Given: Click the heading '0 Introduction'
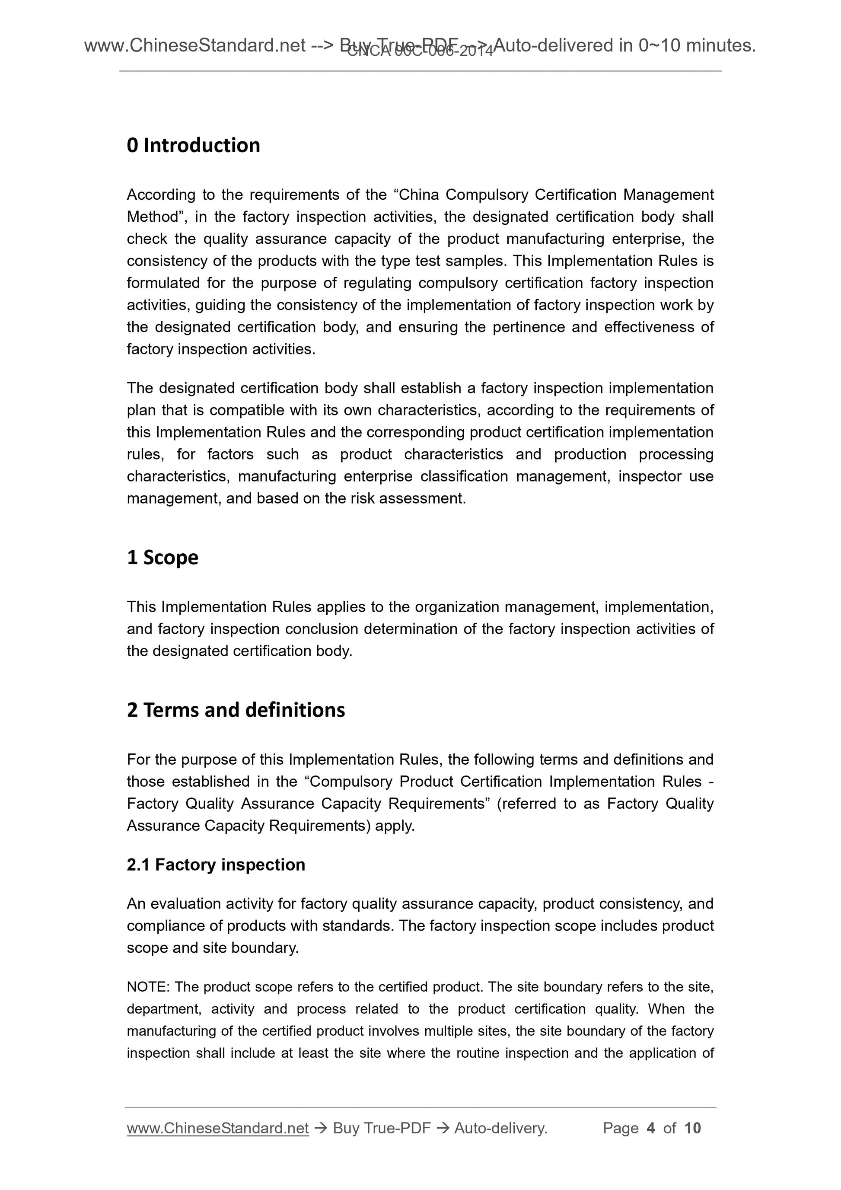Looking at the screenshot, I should pyautogui.click(x=193, y=146).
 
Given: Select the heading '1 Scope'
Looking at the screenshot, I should pyautogui.click(x=162, y=558).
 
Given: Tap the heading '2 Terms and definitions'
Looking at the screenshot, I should pyautogui.click(x=236, y=710).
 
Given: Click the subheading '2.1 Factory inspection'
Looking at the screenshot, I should pyautogui.click(x=216, y=865).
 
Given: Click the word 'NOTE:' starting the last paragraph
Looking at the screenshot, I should pyautogui.click(x=148, y=987).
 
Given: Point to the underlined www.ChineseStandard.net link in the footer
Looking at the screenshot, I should pyautogui.click(x=218, y=1128).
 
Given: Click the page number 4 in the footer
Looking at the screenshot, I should pyautogui.click(x=651, y=1128).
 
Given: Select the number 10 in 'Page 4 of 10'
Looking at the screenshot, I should pyautogui.click(x=692, y=1128).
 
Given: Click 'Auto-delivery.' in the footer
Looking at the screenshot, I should pyautogui.click(x=500, y=1128).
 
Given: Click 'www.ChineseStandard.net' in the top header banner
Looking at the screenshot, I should pyautogui.click(x=194, y=46).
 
